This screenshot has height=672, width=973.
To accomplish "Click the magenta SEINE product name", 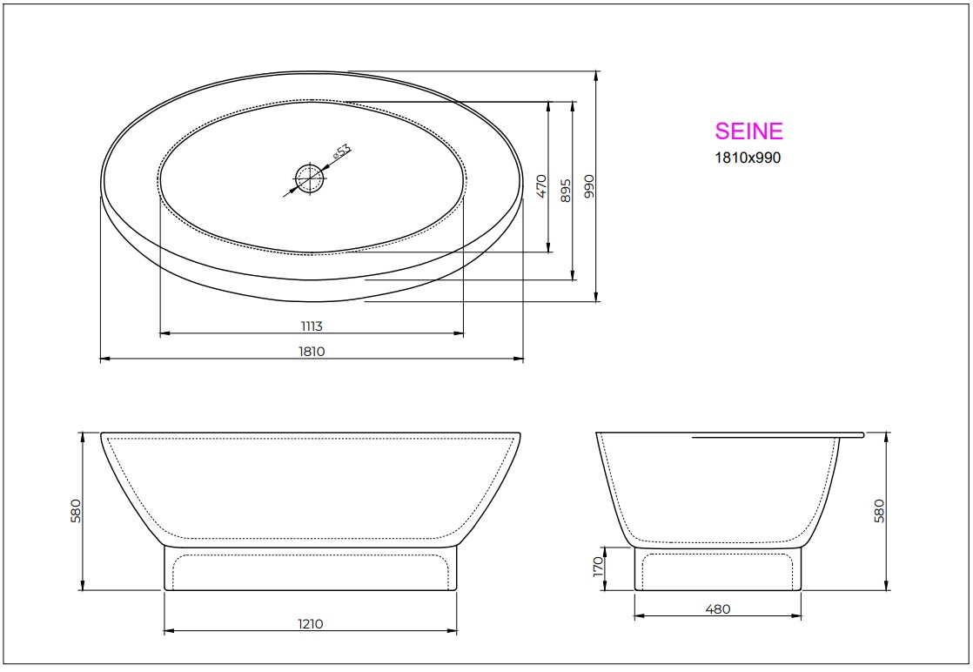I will [x=748, y=131].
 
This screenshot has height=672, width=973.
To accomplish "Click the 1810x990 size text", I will [x=748, y=158].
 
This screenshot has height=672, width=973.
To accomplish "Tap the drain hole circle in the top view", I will [x=309, y=179].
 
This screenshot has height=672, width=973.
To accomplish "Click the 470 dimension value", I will [x=540, y=185].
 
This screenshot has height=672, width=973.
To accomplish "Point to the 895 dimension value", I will [x=564, y=191].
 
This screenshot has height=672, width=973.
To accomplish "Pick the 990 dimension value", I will [x=588, y=187].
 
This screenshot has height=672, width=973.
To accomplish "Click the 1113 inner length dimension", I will [x=312, y=326].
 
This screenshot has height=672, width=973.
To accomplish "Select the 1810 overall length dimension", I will [x=312, y=352].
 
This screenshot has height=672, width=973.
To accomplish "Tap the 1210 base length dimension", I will [x=311, y=623].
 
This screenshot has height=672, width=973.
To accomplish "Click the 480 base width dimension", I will [x=717, y=609].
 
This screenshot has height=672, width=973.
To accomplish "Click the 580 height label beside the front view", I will [x=75, y=511].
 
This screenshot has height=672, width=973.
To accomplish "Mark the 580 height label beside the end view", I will [x=879, y=511].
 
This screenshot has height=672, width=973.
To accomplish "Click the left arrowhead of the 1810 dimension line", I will [x=104, y=359].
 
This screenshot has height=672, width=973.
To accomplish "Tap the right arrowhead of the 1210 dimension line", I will [x=454, y=630].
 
